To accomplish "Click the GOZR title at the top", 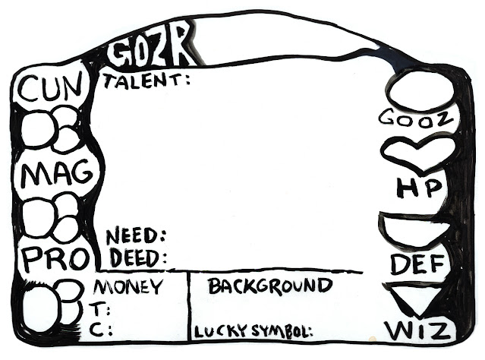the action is click(x=150, y=52).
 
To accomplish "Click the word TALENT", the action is click(x=146, y=79).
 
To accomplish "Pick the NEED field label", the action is click(x=136, y=235).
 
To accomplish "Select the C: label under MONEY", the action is click(x=104, y=330).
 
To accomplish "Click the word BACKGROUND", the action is click(x=270, y=286).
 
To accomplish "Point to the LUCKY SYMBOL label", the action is click(x=254, y=332).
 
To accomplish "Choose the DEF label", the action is click(x=416, y=264).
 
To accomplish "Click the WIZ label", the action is click(x=419, y=331).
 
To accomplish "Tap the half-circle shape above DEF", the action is click(x=416, y=229).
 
